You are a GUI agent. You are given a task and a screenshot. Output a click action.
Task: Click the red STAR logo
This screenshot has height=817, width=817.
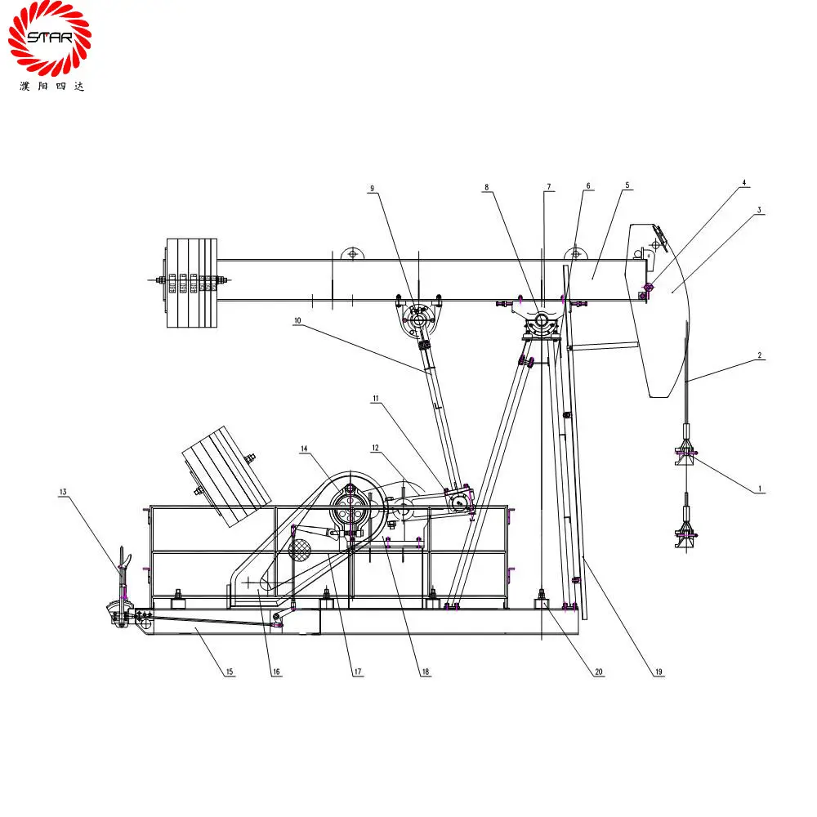coord(50,38)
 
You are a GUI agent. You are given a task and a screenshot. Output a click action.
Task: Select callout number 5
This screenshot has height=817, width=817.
coord(627,185)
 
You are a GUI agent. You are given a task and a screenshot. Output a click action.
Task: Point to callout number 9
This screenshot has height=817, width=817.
coord(372,189)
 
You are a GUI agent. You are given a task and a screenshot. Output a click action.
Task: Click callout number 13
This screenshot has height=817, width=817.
coord(63,492)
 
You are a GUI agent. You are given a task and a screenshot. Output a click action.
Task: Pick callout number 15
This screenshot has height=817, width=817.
coord(230,672)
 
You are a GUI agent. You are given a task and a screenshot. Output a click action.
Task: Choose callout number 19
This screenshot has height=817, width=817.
coord(659,672)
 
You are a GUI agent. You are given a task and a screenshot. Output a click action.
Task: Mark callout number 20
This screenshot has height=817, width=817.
coord(598,672)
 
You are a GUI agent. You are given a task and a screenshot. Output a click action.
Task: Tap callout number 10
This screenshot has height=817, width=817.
coord(298,322)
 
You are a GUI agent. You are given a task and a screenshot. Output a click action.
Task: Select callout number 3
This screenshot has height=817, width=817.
coord(759,210)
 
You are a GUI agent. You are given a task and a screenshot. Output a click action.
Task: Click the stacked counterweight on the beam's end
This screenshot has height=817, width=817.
coord(192,283)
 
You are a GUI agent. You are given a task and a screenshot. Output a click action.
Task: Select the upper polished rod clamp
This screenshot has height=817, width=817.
coord(685,449)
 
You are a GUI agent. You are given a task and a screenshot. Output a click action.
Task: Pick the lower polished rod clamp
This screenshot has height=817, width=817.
coord(685,536)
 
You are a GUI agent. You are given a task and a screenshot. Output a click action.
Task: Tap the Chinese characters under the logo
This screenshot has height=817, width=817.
coord(51,86)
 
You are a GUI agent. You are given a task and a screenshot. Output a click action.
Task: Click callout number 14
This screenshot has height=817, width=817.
coord(304,449)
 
